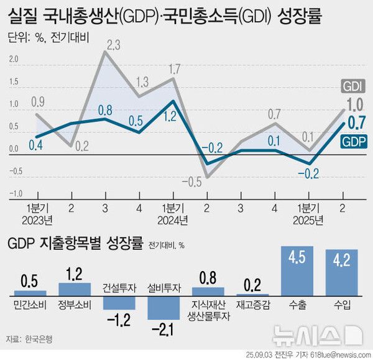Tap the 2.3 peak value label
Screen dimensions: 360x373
pyautogui.click(x=114, y=45)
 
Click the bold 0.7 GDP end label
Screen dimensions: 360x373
pyautogui.click(x=355, y=122)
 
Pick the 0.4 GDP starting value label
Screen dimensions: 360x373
pyautogui.click(x=36, y=145)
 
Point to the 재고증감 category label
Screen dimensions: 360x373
pyautogui.click(x=252, y=305)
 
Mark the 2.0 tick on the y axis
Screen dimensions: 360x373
pyautogui.click(x=14, y=60)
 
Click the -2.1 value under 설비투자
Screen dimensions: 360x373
pyautogui.click(x=163, y=328)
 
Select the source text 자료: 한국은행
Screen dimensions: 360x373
pyautogui.click(x=30, y=339)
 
